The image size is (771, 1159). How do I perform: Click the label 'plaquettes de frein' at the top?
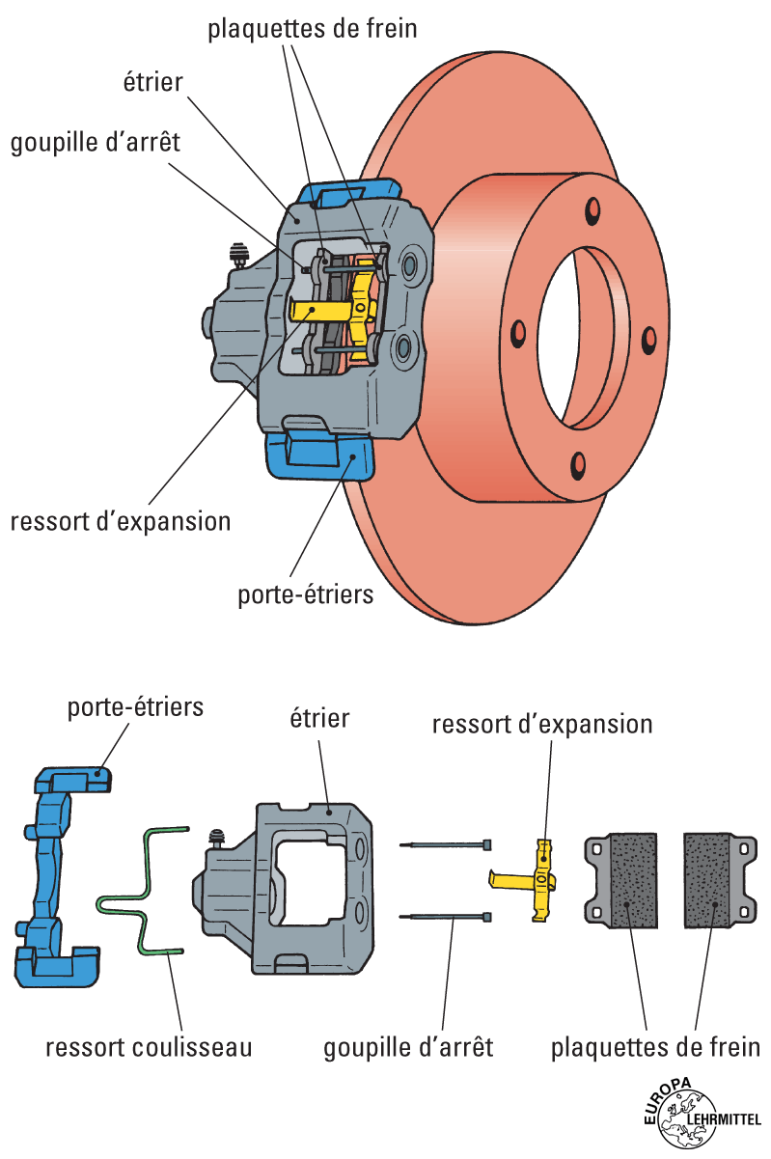313,28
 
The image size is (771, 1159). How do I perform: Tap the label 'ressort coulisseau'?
149,1047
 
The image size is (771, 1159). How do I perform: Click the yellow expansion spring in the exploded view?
542,878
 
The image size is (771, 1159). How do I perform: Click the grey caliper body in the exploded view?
289,888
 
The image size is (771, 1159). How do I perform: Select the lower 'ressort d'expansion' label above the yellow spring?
542,724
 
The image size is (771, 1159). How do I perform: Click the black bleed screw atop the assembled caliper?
236,256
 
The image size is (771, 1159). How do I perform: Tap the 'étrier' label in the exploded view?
319,718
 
